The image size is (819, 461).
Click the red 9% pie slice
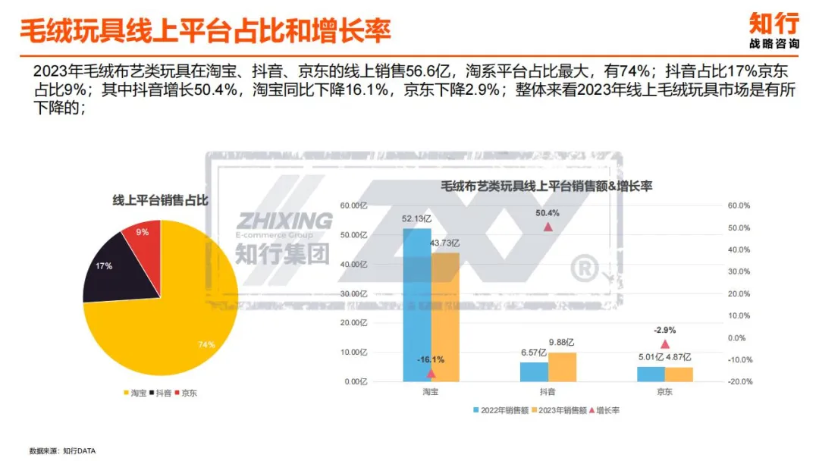(147, 241)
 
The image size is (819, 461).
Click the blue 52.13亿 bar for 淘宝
(417, 303)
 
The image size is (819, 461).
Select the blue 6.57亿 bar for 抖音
(534, 372)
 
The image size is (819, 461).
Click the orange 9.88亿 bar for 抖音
(563, 367)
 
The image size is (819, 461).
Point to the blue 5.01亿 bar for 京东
(651, 374)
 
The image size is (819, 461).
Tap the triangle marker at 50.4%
(548, 226)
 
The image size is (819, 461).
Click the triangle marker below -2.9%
(665, 343)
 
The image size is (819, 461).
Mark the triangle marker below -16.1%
(431, 373)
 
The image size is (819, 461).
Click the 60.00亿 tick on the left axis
(353, 205)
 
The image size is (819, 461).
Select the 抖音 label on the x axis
(548, 392)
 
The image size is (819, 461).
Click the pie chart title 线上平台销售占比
(160, 201)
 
